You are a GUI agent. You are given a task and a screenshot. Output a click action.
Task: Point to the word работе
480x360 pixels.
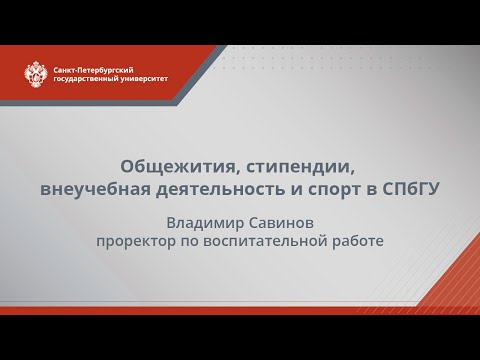pos(356,242)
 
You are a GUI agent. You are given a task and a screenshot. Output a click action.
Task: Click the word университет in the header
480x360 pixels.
pos(146,77)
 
